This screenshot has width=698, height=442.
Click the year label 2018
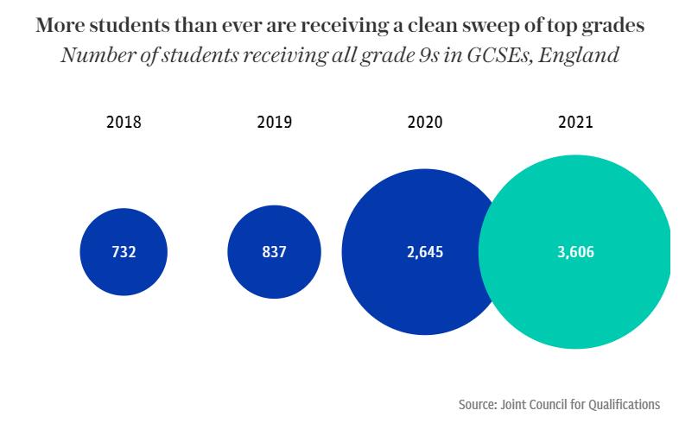(124, 122)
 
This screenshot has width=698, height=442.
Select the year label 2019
(274, 122)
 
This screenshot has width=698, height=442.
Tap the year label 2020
(424, 122)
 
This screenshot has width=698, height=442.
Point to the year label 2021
(575, 122)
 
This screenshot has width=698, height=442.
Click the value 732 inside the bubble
(124, 253)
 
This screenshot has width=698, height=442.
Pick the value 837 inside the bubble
(274, 253)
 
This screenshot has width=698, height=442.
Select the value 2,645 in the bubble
(424, 253)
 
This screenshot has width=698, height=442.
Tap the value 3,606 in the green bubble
(575, 253)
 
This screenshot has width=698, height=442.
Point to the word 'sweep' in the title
(482, 26)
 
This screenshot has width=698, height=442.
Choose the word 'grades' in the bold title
(614, 26)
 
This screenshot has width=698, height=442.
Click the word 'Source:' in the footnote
(478, 404)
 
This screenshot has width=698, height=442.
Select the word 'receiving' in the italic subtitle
(249, 56)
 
